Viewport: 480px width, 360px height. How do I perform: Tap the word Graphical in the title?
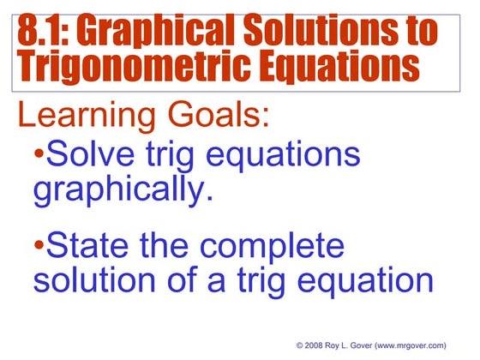click(153, 32)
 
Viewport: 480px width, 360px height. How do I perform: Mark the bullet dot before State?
click(39, 247)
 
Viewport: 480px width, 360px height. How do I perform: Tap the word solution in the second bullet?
click(99, 280)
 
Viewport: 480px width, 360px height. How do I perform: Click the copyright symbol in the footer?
click(300, 345)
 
